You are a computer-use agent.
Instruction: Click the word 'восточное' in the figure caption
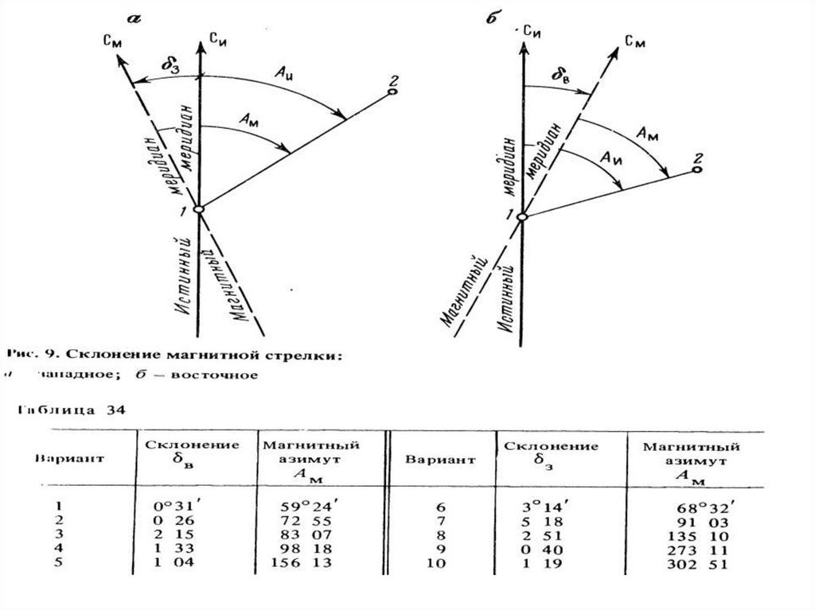coord(224,375)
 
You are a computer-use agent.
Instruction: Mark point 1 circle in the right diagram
coord(522,216)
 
